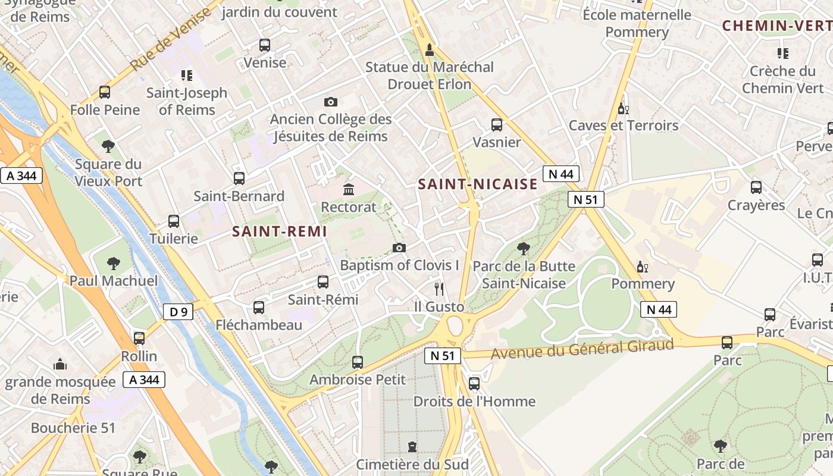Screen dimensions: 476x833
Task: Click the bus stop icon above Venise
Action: (265, 45)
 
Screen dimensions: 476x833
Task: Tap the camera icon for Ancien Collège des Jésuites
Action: (331, 102)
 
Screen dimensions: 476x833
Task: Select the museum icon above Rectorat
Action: (349, 190)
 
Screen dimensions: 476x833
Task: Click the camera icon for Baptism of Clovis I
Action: (399, 248)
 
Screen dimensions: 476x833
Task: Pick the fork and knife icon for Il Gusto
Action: (439, 289)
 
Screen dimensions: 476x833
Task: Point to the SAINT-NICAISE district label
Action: (478, 184)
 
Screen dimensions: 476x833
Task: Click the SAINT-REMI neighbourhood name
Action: (280, 232)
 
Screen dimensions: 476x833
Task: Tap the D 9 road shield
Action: (178, 311)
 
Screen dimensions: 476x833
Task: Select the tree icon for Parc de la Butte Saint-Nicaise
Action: (524, 248)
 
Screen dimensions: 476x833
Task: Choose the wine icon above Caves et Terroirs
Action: (623, 108)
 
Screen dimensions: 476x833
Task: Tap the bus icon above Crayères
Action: (756, 187)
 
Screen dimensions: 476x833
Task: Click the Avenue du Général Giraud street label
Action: (583, 349)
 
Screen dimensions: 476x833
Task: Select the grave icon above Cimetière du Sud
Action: (412, 446)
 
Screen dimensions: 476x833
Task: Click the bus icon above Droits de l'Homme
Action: (474, 384)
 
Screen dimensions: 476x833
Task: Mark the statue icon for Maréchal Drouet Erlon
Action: (429, 49)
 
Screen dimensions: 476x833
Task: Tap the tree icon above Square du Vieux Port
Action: (108, 146)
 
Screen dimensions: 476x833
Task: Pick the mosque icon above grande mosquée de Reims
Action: (59, 364)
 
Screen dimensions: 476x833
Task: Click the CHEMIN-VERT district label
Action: (776, 26)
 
